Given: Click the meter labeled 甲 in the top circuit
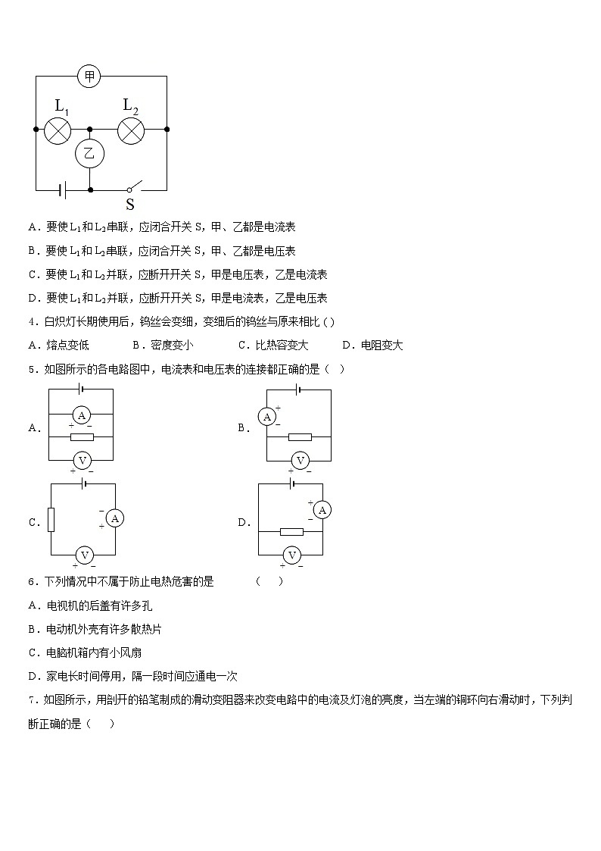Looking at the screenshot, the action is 89,76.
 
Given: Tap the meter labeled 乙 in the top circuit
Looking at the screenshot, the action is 89,154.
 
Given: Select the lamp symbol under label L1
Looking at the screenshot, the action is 58,130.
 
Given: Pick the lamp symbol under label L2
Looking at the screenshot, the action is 131,130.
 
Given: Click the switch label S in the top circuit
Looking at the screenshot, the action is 130,204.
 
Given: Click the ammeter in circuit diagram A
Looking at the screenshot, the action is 83,415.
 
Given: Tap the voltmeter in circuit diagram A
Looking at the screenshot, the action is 83,460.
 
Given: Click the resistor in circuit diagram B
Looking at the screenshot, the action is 300,437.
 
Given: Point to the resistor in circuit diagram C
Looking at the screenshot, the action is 51,519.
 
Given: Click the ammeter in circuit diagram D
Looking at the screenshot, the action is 322,510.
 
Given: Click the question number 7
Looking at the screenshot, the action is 32,699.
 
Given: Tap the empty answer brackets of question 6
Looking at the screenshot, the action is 269,581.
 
